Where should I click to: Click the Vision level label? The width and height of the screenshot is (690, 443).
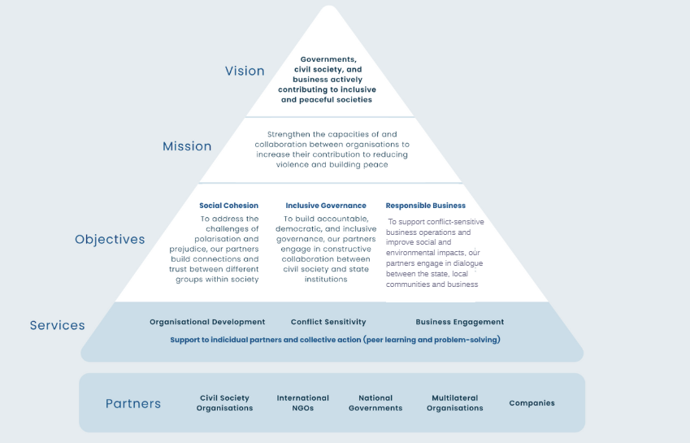[x=245, y=71]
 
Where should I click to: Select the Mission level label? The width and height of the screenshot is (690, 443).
[x=187, y=146]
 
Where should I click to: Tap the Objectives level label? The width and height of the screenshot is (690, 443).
[x=110, y=239]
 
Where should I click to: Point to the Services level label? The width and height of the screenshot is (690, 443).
[x=57, y=325]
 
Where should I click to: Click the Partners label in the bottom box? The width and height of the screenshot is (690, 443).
[x=133, y=403]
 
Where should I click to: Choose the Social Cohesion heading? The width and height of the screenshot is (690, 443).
[x=228, y=206]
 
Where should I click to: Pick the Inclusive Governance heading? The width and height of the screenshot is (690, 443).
[x=326, y=206]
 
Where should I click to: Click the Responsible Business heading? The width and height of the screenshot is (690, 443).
[x=426, y=206]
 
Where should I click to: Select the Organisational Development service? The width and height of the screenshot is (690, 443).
[x=207, y=322]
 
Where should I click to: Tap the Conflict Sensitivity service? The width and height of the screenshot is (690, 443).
[x=328, y=322]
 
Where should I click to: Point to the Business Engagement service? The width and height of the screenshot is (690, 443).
[x=459, y=322]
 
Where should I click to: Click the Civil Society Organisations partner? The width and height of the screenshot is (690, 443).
[x=224, y=403]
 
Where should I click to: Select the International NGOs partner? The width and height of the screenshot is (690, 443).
[x=303, y=403]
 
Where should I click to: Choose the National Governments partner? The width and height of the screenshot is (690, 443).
[x=375, y=403]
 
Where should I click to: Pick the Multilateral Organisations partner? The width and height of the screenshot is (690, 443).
[x=454, y=403]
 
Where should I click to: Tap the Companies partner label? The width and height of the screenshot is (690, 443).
[x=532, y=403]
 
